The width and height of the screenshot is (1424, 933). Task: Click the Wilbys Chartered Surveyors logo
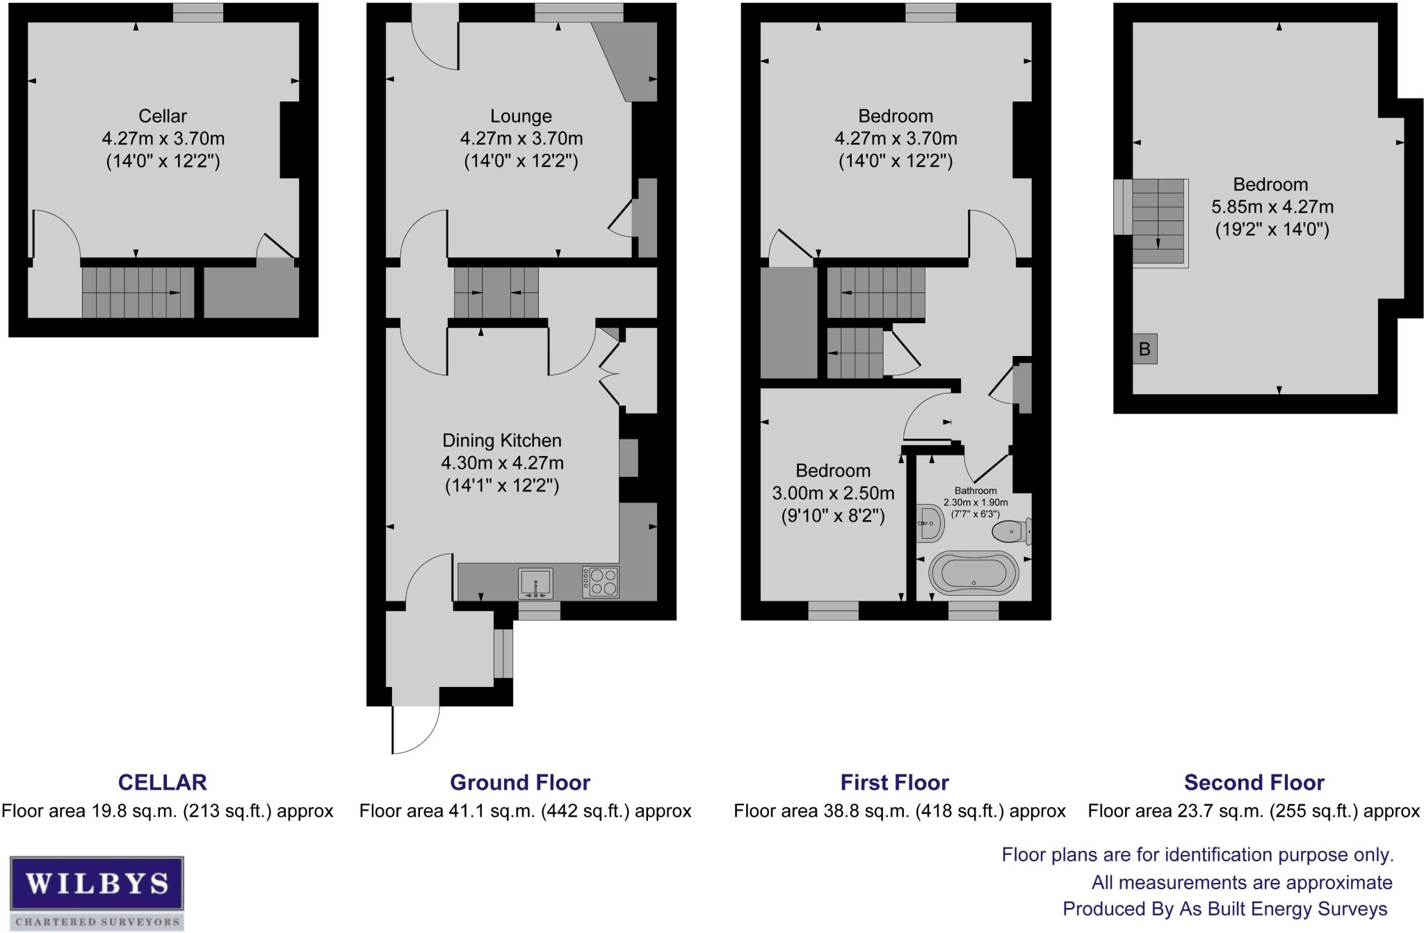tap(97, 893)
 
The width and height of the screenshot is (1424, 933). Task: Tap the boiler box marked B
tap(1144, 349)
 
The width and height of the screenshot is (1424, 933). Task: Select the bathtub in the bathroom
tap(973, 574)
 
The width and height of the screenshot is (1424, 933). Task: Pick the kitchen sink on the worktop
tap(535, 583)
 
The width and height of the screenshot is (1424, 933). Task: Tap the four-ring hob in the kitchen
tap(601, 583)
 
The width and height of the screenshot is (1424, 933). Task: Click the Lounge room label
tap(521, 116)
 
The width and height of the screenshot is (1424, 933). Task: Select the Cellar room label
tap(163, 116)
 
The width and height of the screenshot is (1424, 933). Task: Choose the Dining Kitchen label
tap(502, 440)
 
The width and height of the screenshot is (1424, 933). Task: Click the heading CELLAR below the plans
tap(163, 782)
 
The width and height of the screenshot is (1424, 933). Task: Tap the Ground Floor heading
tap(520, 782)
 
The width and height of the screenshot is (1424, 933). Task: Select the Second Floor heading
tap(1254, 782)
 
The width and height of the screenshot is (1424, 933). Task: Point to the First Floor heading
tap(895, 782)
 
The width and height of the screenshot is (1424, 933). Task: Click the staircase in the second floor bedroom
tap(1158, 222)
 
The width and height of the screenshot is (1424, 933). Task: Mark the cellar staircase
tap(138, 292)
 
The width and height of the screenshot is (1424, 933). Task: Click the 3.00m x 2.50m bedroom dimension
tap(833, 493)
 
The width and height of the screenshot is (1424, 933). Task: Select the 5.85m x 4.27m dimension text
tap(1272, 206)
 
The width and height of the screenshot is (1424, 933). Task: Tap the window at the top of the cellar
tap(198, 13)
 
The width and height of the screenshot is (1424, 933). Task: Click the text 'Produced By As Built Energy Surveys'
tap(1225, 909)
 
